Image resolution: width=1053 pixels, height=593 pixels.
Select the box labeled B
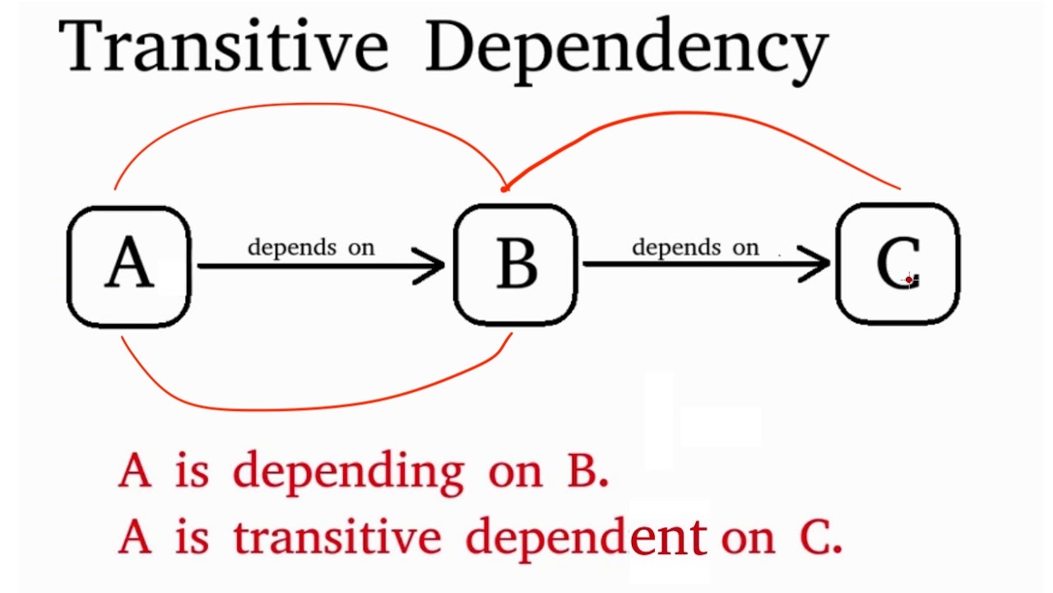pyautogui.click(x=516, y=265)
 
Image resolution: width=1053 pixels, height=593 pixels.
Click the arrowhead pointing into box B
pyautogui.click(x=432, y=265)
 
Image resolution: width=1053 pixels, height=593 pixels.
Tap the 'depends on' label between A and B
pyautogui.click(x=311, y=247)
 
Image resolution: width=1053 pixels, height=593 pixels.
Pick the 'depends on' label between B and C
pyautogui.click(x=695, y=247)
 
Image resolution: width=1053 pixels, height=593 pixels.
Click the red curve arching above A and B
pyautogui.click(x=313, y=105)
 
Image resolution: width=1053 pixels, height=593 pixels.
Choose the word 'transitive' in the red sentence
pyautogui.click(x=337, y=538)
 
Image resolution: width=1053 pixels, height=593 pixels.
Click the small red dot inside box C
pyautogui.click(x=908, y=280)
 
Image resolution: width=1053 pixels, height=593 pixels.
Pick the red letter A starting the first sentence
pyautogui.click(x=135, y=471)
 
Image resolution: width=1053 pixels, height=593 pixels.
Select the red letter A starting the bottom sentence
pyautogui.click(x=135, y=537)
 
